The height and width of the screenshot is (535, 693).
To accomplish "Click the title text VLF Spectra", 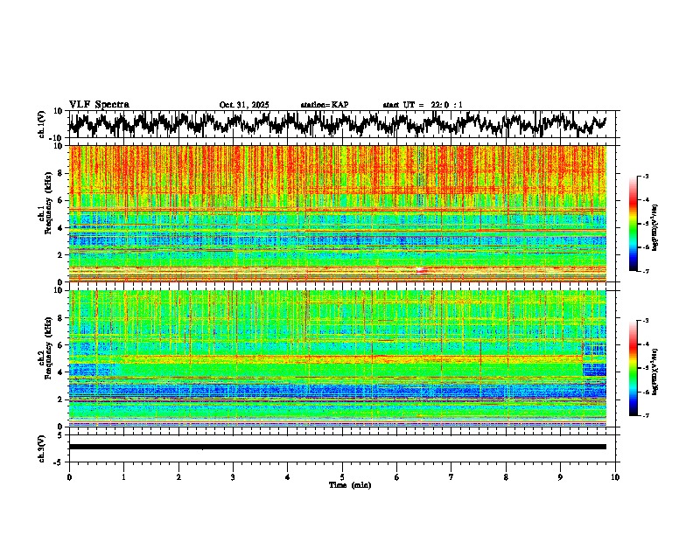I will coord(99,104).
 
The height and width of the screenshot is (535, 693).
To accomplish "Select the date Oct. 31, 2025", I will coord(244,105).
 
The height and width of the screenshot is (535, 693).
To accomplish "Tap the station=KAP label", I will coord(324,105).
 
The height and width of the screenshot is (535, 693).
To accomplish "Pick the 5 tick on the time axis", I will coord(343,476).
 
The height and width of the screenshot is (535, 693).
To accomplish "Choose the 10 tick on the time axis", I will coord(616,476).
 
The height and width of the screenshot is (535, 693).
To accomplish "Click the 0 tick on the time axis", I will coord(69,476).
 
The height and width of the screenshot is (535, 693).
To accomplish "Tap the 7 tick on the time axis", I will coord(451,476).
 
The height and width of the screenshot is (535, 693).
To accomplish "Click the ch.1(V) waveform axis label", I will coord(42,124).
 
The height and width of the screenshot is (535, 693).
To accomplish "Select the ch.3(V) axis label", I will coord(42,447).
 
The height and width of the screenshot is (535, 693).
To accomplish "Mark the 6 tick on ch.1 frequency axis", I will coord(61,200).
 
